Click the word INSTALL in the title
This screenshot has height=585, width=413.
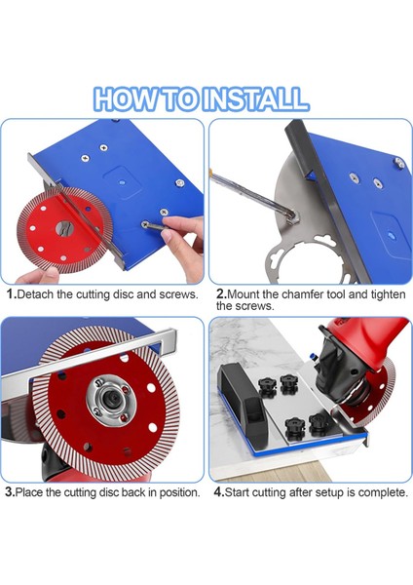257,99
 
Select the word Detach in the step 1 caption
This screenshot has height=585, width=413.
35,294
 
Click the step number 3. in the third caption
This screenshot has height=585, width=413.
10,491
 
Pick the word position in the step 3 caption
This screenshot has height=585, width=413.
180,492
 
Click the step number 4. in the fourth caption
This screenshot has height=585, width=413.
219,491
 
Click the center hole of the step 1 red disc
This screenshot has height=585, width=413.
64,228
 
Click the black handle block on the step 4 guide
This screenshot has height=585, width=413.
244,396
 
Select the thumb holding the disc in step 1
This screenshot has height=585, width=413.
46,274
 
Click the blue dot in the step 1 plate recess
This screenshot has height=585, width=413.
122,183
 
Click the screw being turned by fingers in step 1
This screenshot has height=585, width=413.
144,224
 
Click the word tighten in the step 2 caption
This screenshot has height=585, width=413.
388,294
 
